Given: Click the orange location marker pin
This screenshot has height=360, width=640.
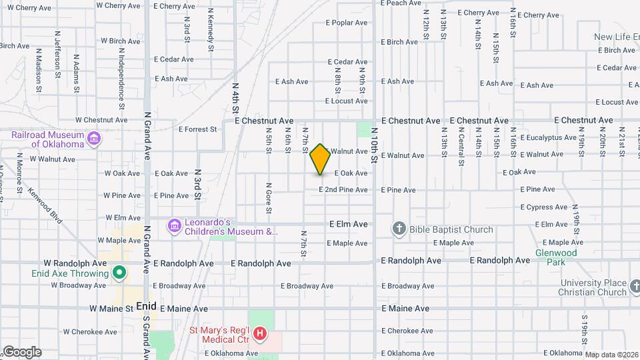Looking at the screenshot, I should click(321, 159).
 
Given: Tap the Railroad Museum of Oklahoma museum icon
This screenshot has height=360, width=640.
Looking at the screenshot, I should click(94, 139).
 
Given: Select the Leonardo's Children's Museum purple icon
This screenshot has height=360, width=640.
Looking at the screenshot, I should click(175, 227).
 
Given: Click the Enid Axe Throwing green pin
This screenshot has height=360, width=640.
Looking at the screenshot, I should click(119, 273).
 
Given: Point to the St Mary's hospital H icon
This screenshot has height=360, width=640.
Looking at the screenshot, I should click(261, 332).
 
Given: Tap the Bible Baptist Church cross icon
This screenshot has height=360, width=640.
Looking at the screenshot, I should click(399, 229).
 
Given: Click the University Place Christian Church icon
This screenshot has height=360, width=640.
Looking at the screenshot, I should click(633, 287).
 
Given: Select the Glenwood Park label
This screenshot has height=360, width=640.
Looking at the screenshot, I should click(556, 257).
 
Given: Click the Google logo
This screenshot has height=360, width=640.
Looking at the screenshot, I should click(22, 352).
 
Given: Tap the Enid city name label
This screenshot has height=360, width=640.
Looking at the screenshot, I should click(145, 306).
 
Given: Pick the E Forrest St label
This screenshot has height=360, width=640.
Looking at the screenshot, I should click(198, 129).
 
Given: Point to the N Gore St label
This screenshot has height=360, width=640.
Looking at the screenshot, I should click(269, 198).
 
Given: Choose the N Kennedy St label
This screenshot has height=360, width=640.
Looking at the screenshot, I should click(211, 30).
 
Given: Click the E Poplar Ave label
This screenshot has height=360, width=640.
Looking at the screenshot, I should click(347, 23).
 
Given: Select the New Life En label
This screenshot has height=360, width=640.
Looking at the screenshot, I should click(617, 37).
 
